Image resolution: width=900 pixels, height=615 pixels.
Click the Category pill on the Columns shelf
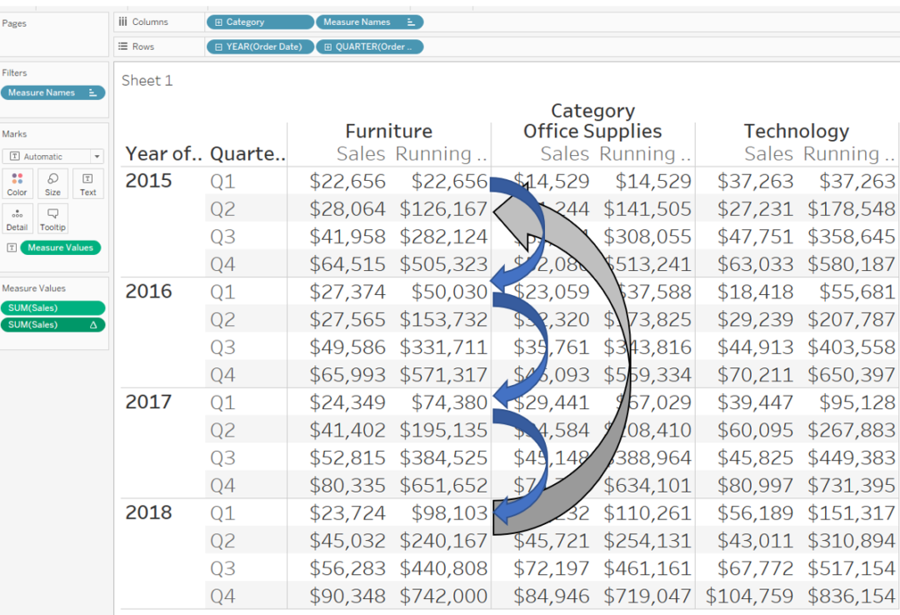click(260, 22)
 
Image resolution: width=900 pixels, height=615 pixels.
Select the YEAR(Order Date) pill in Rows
click(260, 47)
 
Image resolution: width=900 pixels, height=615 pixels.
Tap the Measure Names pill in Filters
click(52, 92)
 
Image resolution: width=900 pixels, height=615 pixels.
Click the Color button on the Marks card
click(17, 184)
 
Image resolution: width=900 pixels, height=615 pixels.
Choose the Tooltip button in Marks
click(52, 218)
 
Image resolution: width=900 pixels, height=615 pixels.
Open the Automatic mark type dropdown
click(52, 157)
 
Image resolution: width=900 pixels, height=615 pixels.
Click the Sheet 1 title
click(147, 81)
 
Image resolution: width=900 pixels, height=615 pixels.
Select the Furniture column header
click(388, 132)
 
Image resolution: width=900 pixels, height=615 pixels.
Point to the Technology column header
click(796, 132)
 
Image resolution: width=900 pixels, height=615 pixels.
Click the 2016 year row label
click(149, 292)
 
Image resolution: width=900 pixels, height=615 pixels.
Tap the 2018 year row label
click(149, 512)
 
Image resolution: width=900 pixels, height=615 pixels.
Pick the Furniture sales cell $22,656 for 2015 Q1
click(347, 182)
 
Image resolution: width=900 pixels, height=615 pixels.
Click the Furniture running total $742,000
click(443, 597)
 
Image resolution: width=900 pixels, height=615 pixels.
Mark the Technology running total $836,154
click(851, 597)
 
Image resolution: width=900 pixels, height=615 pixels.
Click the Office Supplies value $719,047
click(647, 597)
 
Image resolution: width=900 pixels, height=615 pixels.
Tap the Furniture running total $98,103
click(449, 513)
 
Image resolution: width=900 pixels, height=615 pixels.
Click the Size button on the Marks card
click(52, 184)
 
